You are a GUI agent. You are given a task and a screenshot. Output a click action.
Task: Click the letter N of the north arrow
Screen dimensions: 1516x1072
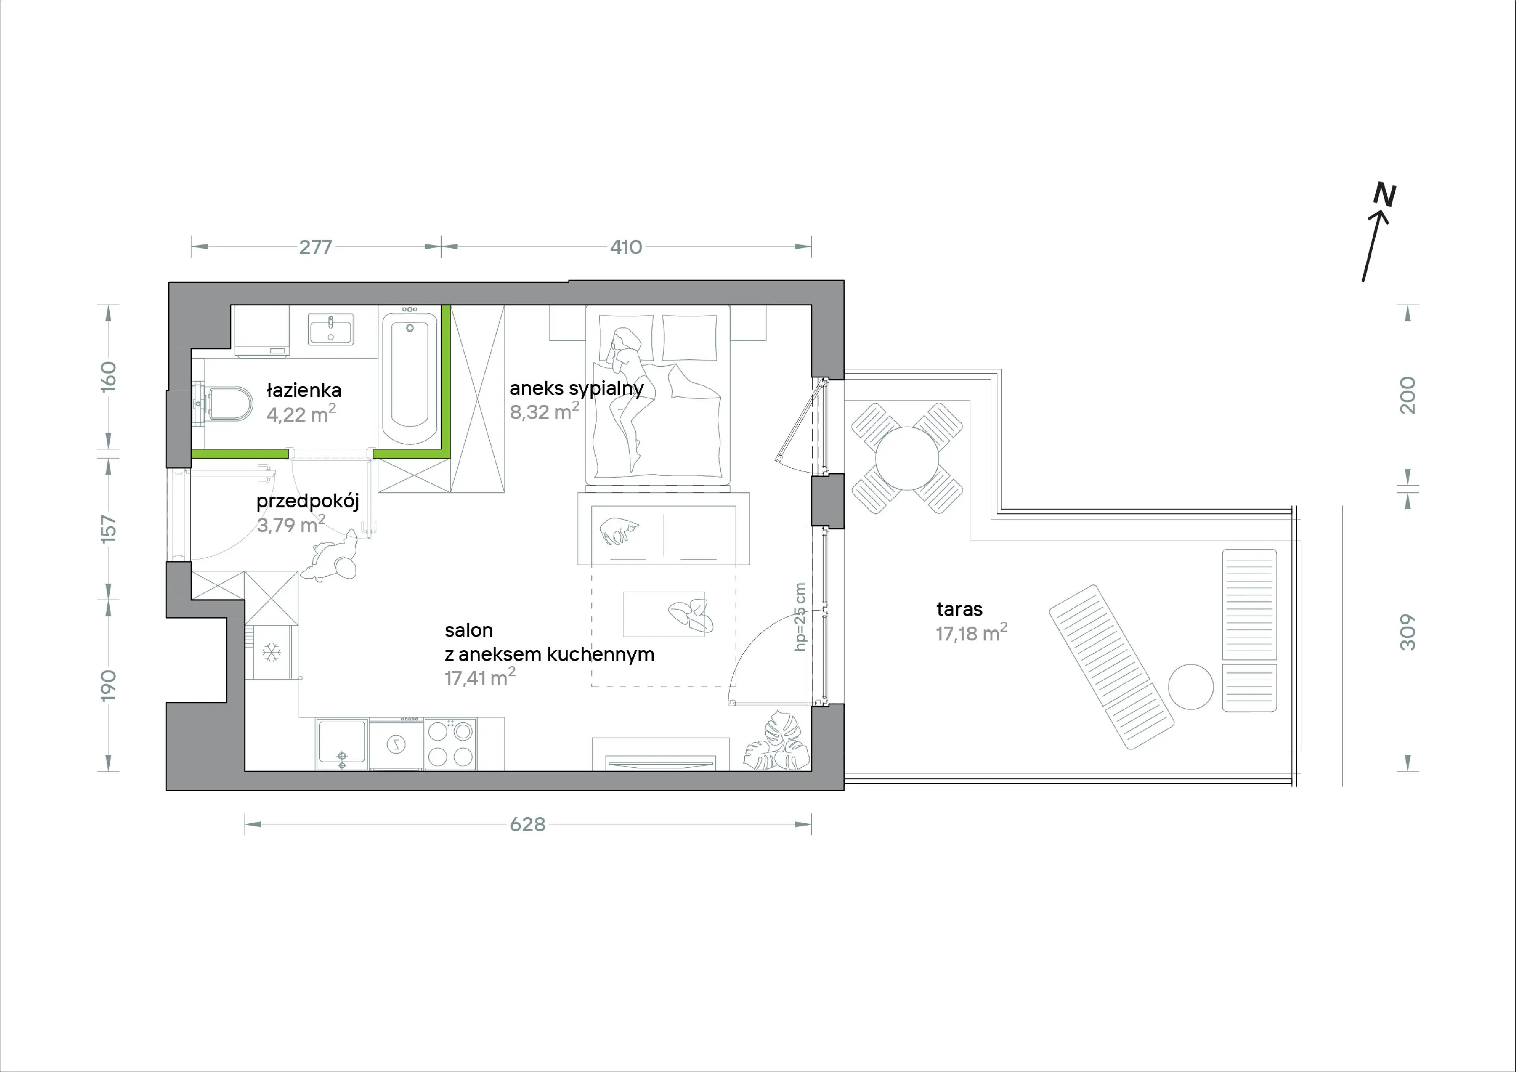pos(1385,194)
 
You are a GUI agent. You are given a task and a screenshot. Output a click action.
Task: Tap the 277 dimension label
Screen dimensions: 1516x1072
pos(315,247)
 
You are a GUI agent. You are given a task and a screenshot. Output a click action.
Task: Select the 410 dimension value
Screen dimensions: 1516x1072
pos(626,247)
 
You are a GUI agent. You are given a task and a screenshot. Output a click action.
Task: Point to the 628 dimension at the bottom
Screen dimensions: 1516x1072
pos(527,824)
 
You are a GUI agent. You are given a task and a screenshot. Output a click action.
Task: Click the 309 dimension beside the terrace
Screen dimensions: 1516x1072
pos(1408,632)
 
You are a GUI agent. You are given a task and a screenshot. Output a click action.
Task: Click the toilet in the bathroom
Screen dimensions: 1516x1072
pos(225,404)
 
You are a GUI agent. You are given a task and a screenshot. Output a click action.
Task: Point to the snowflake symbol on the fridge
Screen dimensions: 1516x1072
pos(271,653)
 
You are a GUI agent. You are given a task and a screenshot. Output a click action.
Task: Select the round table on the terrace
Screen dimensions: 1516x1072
pos(907,458)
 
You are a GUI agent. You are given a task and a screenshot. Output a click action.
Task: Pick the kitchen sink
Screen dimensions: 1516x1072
pos(341,744)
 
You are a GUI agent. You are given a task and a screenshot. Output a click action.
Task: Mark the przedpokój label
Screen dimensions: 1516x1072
pos(308,501)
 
